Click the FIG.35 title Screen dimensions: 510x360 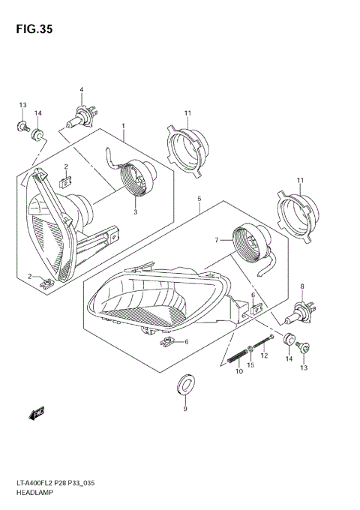click(32, 29)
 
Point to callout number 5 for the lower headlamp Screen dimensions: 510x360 click(199, 199)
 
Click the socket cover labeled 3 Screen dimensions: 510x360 click(137, 181)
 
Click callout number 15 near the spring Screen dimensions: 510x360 click(252, 364)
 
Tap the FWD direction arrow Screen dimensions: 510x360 click(35, 413)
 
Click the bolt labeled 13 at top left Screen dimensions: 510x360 click(22, 126)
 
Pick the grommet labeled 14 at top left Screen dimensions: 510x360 click(37, 135)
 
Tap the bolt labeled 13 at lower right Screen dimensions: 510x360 click(304, 347)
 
